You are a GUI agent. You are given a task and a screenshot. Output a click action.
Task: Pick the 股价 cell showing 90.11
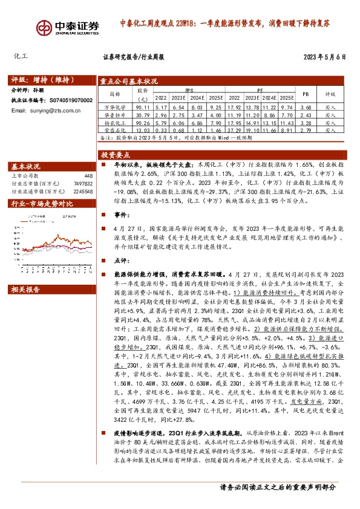pos(143,106)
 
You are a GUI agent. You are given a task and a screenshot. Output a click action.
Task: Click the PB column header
pos(305,94)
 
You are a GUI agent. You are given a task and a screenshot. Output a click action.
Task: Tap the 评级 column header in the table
pos(330,94)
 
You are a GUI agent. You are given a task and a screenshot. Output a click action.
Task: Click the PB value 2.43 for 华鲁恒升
pos(305,114)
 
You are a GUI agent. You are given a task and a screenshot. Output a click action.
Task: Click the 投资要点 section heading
pos(116,155)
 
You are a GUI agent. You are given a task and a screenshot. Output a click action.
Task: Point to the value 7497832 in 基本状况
pos(82,183)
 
